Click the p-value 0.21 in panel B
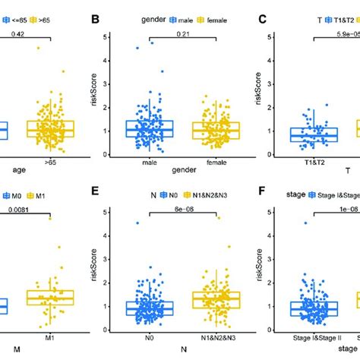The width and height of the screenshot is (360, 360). pyautogui.click(x=182, y=34)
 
